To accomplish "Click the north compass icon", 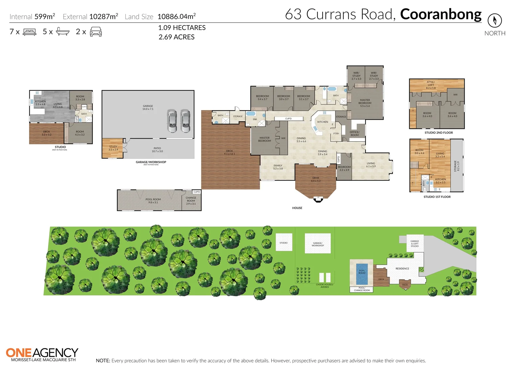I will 494,21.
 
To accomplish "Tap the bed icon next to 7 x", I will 29,32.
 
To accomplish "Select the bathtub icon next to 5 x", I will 63,32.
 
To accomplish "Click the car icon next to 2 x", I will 96,32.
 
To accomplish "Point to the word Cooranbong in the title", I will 441,14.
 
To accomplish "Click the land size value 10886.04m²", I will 177,16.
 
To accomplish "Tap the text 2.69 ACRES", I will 177,37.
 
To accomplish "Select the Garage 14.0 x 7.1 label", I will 148,107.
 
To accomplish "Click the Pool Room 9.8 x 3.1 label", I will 153,201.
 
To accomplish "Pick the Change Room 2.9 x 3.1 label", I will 191,201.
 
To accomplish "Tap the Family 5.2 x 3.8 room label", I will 278,167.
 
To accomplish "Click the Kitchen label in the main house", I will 323,122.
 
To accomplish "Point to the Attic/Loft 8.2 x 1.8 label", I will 430,85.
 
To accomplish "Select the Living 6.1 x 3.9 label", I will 371,165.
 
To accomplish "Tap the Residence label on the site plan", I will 402,269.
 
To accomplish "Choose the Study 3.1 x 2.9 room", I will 113,148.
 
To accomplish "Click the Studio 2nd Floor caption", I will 439,133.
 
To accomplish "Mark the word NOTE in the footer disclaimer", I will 103,361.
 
